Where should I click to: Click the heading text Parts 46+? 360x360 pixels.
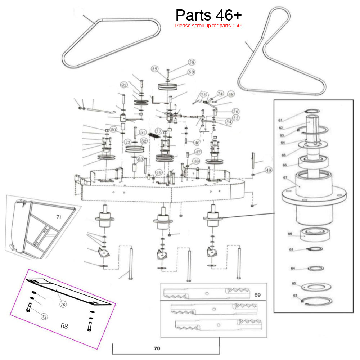click(x=209, y=15)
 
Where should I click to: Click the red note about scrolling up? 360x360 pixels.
click(x=210, y=26)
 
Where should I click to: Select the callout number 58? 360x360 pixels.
click(x=192, y=62)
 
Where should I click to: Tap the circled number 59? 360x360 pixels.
click(x=155, y=69)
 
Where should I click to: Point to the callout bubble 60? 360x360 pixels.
click(x=191, y=72)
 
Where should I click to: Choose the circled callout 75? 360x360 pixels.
click(x=204, y=95)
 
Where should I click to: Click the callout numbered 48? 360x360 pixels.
click(x=230, y=94)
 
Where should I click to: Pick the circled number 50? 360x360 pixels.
click(x=113, y=130)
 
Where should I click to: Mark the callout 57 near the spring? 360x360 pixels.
click(x=159, y=131)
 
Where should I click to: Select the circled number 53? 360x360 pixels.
click(x=140, y=158)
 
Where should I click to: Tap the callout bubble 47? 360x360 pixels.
click(x=198, y=152)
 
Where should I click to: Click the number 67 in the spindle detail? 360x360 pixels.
click(x=285, y=177)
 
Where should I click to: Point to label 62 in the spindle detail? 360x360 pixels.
click(x=281, y=127)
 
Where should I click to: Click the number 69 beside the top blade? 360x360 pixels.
click(x=257, y=295)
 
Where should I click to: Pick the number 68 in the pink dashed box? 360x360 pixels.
click(x=64, y=326)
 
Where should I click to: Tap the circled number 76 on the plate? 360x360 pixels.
click(x=63, y=305)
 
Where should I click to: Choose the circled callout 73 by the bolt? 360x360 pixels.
click(x=44, y=317)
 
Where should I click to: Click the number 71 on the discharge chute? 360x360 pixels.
click(x=59, y=217)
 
